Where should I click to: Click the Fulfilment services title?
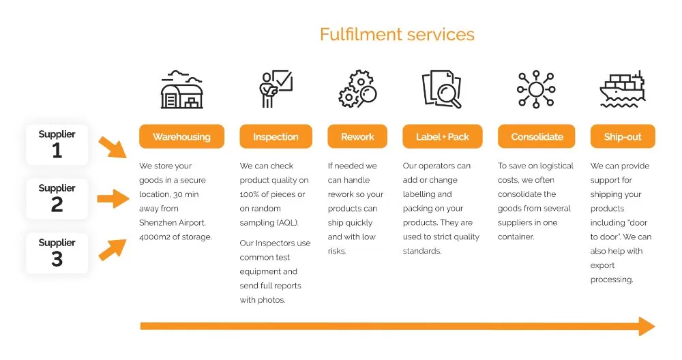pos(397,34)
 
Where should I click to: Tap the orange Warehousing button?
pos(182,136)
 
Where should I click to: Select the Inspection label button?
pos(276,136)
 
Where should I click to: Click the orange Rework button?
pos(357,136)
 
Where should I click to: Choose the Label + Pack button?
pos(443,136)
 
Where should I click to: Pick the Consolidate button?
pos(537,136)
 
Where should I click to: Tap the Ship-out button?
pos(623,136)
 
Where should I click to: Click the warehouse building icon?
pos(182,89)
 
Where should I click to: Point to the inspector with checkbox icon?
pos(276,89)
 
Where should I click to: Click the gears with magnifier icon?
pos(357,89)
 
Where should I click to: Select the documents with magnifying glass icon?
pos(442,89)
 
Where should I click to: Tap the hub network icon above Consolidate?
pos(536,89)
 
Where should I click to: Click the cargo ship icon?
pos(623,89)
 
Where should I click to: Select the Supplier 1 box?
pos(57,145)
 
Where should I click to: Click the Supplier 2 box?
pos(57,198)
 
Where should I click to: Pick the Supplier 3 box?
pos(57,253)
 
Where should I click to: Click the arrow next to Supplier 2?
pos(113,198)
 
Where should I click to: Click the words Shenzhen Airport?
pos(173,222)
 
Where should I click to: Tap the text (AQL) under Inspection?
pos(288,222)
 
